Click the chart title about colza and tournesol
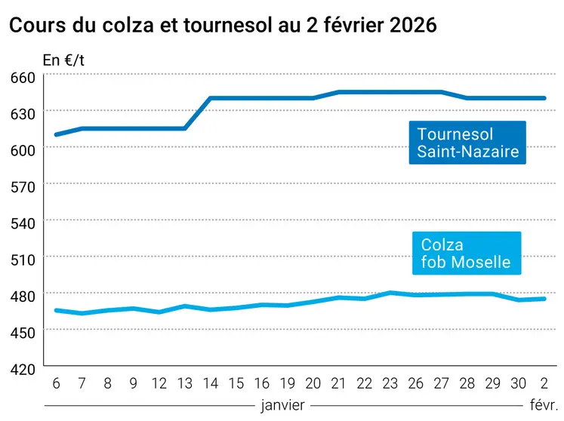(223, 25)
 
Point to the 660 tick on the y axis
(23, 77)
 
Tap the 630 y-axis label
(23, 113)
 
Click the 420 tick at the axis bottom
(23, 368)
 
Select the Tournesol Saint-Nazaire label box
(467, 143)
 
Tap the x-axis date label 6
(56, 383)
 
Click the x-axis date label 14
(211, 383)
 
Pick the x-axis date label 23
(390, 383)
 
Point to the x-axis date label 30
(519, 383)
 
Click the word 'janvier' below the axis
(282, 405)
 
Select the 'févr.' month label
(544, 405)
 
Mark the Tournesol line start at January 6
(56, 134)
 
